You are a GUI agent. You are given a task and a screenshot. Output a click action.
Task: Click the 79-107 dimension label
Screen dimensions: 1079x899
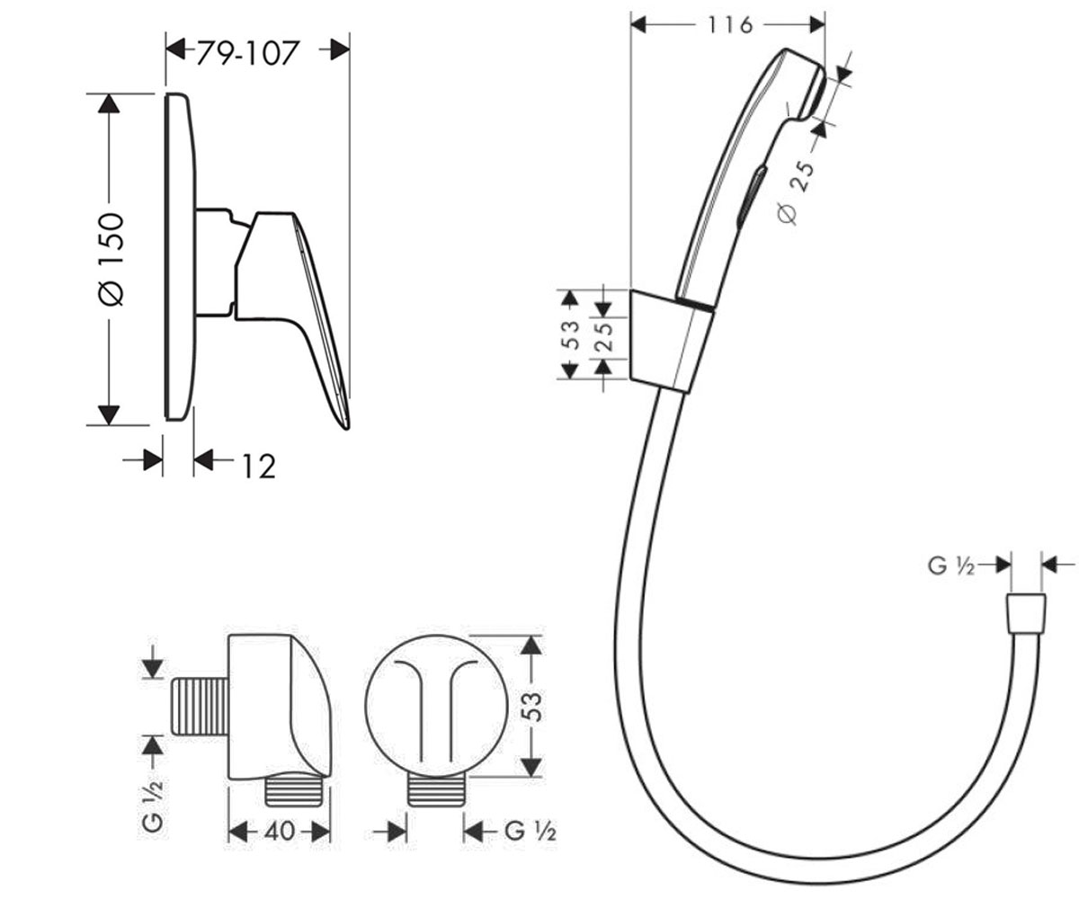pos(247,53)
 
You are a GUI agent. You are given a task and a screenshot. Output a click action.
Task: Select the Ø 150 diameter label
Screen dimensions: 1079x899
pos(111,259)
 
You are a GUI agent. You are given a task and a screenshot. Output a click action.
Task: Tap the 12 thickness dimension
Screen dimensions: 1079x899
pos(259,467)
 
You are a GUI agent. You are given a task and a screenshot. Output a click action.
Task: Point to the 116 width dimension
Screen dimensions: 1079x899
pos(729,25)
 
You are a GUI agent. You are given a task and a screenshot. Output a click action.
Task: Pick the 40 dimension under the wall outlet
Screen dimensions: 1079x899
pos(280,832)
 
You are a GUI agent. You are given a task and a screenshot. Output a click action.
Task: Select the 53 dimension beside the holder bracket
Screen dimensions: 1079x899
pos(569,334)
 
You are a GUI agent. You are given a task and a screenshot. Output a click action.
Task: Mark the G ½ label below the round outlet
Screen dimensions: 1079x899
pos(531,832)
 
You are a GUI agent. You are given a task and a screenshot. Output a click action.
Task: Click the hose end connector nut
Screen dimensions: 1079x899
pos(1026,613)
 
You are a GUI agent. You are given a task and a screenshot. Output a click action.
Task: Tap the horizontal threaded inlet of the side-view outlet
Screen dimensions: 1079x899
pos(200,707)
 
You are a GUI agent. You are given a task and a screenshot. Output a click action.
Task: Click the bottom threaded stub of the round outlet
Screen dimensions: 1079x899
pos(437,791)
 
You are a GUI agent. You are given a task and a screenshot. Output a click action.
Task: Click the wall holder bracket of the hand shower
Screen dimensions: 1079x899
pos(671,342)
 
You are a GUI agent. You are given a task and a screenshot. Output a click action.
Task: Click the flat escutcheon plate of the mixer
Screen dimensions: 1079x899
pos(181,257)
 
